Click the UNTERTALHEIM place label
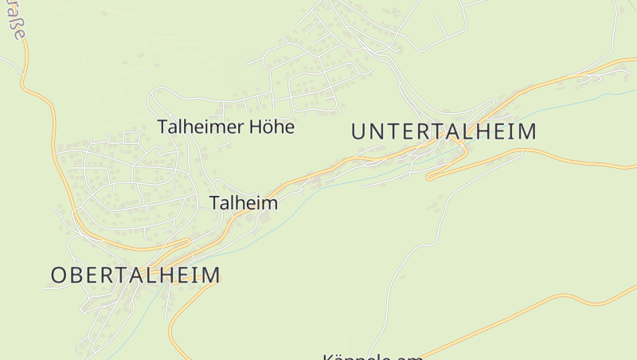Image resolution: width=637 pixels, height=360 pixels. [444, 131]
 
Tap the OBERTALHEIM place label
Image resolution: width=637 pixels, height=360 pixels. [135, 275]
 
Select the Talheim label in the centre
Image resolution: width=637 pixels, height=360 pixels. [244, 203]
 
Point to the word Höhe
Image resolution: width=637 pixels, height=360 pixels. [271, 127]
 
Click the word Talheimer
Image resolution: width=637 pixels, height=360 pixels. [199, 127]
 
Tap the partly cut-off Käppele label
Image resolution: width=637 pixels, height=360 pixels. [373, 356]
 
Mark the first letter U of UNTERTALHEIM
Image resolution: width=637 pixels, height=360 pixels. [358, 131]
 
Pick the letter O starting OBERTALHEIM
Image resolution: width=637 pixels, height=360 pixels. [59, 275]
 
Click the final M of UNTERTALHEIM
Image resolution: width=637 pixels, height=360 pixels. [528, 131]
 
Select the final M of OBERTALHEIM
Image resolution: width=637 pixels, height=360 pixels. [211, 275]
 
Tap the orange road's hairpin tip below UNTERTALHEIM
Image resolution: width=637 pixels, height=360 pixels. [430, 178]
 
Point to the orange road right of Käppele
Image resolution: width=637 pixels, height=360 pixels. [478, 327]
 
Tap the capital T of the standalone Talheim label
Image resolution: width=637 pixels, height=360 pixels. [215, 203]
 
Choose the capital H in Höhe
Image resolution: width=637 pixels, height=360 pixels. [252, 127]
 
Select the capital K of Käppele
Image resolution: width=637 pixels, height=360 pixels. [328, 357]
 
